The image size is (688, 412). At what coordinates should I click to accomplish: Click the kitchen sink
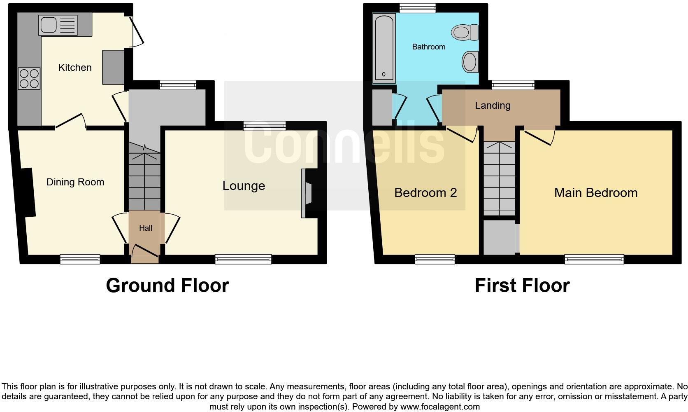point(58,25)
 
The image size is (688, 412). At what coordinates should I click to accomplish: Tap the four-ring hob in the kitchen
point(29,78)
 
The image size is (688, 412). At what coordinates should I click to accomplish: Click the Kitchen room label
point(75,68)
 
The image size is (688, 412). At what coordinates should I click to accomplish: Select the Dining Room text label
point(75,182)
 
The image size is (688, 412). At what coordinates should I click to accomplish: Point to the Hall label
point(146,228)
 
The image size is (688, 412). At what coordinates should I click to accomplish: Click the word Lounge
point(244,186)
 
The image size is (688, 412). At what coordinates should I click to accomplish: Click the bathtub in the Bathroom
point(384,47)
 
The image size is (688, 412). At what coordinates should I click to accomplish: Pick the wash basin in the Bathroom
point(470,62)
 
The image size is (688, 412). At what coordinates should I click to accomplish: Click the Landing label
point(493,105)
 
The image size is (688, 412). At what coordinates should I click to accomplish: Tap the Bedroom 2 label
point(425,193)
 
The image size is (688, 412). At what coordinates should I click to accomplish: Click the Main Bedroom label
point(595,193)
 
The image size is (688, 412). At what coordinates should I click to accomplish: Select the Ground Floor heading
point(167,286)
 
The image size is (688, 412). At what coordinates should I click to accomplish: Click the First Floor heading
point(522,286)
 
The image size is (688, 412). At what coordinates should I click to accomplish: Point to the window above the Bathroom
point(417,8)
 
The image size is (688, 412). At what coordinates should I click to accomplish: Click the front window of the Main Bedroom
point(594,259)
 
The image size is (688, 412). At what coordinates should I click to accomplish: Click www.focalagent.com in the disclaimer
point(439,407)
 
